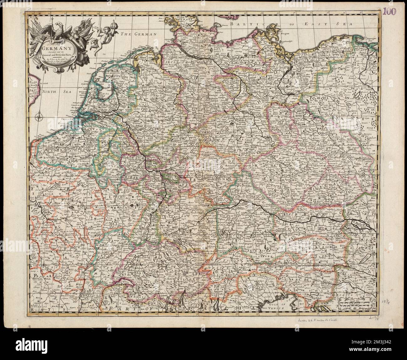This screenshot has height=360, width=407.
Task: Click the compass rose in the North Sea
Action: coord(39,118)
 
